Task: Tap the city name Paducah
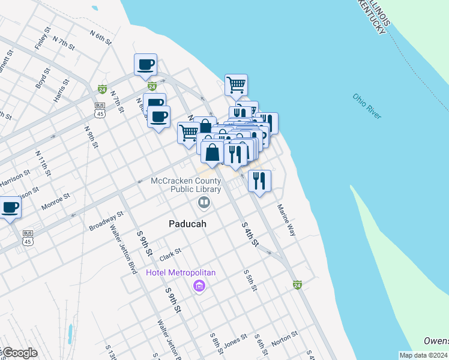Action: (187, 224)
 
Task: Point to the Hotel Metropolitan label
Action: (181, 273)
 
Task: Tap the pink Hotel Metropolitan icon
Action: (199, 286)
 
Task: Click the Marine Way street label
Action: (286, 220)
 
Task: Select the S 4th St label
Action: (250, 235)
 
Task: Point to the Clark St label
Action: (170, 255)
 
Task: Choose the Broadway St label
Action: (106, 220)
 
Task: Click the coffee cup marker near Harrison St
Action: (10, 208)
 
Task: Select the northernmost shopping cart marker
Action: (237, 85)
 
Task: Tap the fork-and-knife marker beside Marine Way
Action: (259, 180)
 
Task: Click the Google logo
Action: (19, 353)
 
